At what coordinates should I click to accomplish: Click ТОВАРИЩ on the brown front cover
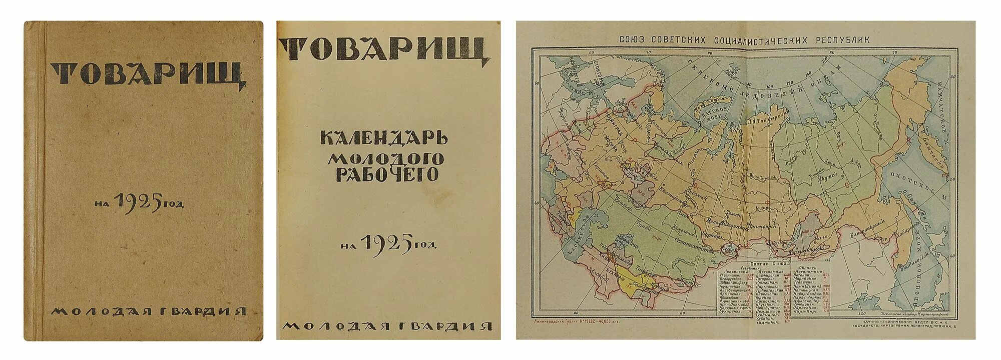pyautogui.click(x=149, y=74)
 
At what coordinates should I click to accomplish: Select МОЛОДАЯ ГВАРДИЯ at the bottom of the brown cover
pyautogui.click(x=149, y=311)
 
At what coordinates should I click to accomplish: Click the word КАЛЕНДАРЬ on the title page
pyautogui.click(x=384, y=137)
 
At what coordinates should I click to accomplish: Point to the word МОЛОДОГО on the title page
pyautogui.click(x=386, y=158)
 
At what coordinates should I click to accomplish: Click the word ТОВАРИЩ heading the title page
pyautogui.click(x=383, y=50)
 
